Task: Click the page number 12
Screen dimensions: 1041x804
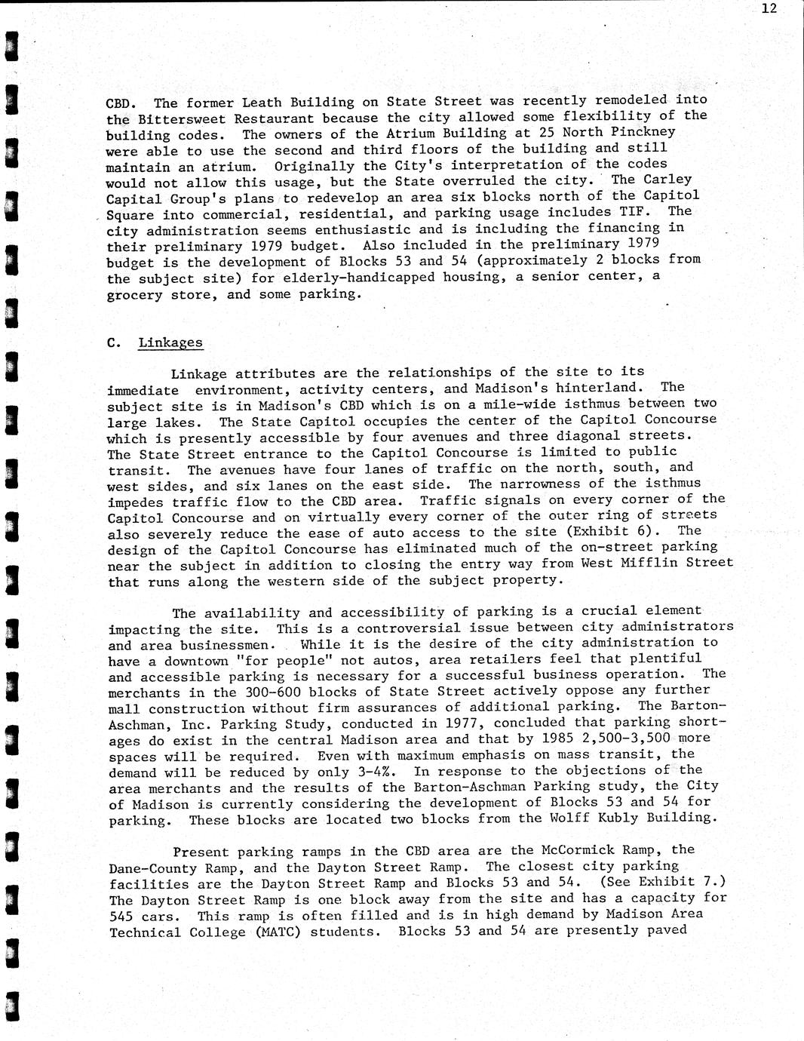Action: pos(769,9)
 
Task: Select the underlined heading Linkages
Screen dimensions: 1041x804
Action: pos(170,342)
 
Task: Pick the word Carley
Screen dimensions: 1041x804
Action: pos(667,180)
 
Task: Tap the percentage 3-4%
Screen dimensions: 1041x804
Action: pos(370,772)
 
